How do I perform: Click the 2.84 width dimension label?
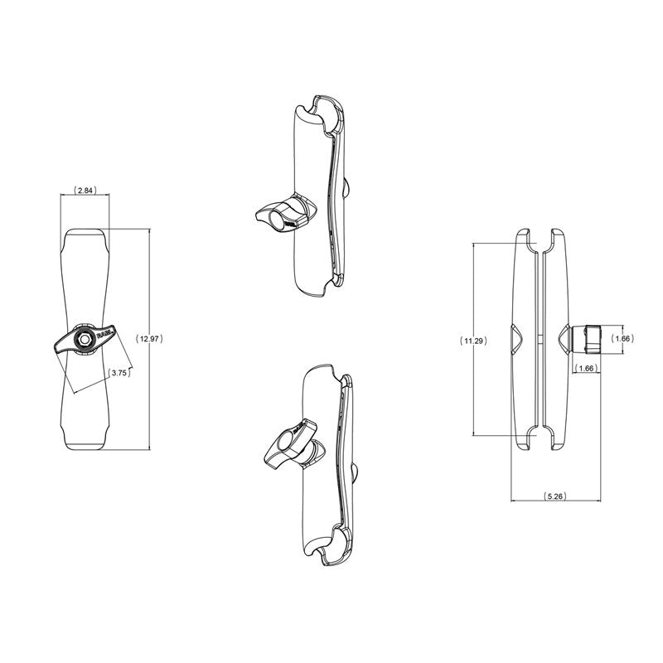85,191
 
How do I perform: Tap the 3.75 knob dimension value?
119,373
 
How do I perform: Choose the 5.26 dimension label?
554,496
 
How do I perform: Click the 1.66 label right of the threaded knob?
622,338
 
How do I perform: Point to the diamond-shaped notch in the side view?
518,339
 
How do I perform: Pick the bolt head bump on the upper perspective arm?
351,186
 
